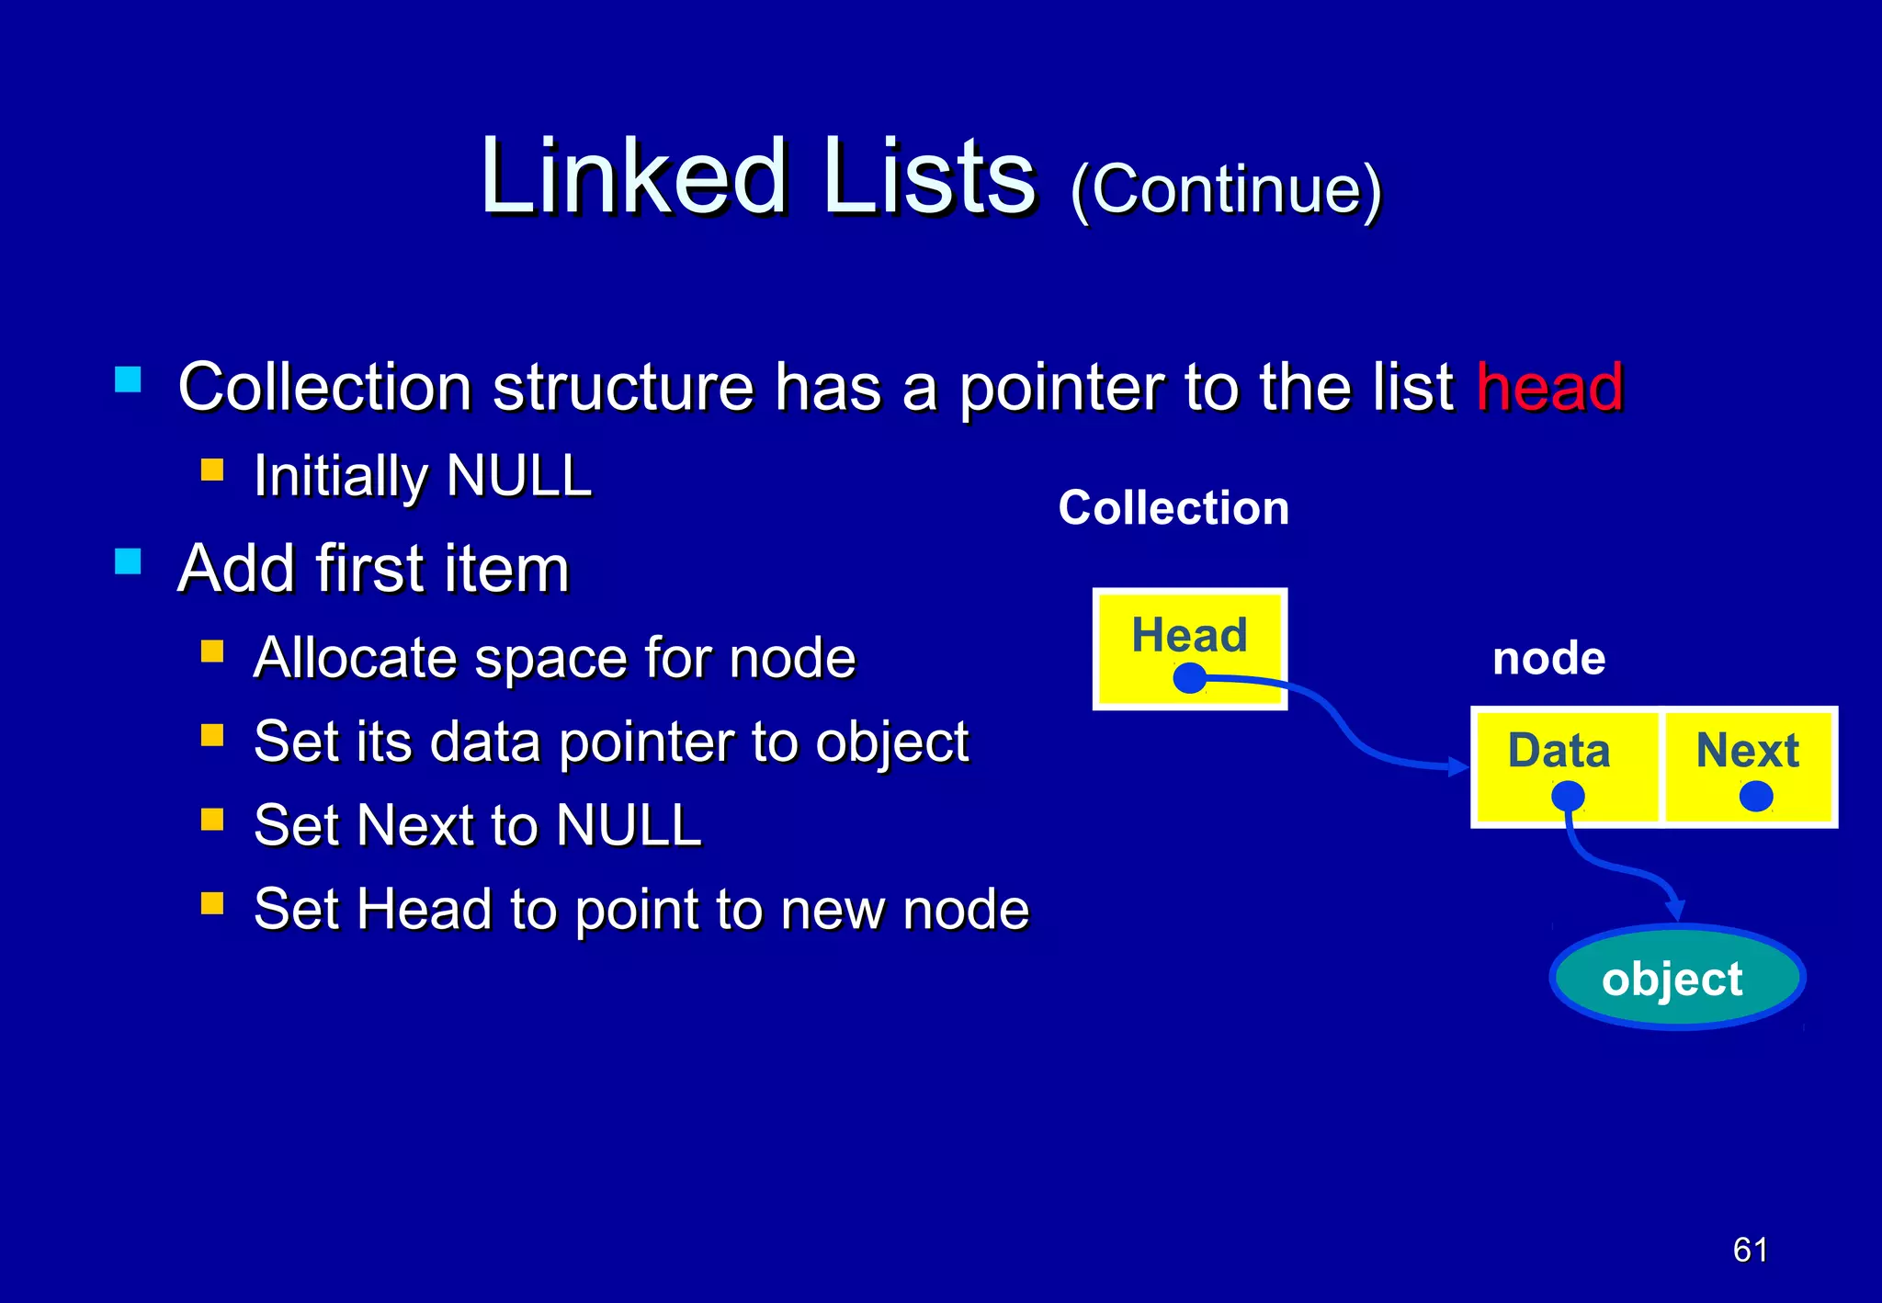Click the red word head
coord(1549,387)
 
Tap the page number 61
coord(1750,1250)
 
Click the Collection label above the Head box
coord(1173,508)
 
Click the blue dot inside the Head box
coord(1190,679)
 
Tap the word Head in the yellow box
coord(1189,635)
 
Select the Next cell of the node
coord(1748,766)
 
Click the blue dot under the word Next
coord(1756,796)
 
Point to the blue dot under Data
coord(1568,796)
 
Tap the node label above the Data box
coord(1548,659)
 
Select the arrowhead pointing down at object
coord(1675,910)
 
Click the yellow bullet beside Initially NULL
coord(212,471)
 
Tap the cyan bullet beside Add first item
coord(128,561)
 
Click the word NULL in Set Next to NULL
coord(629,825)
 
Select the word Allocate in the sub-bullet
coord(354,658)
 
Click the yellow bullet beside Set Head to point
coord(212,903)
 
